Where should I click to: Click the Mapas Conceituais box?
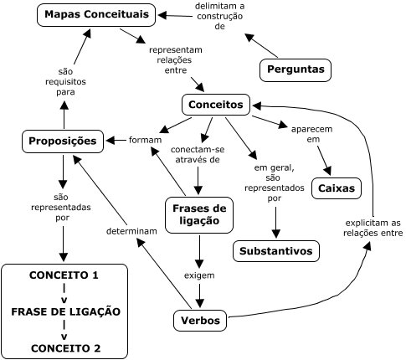pyautogui.click(x=97, y=14)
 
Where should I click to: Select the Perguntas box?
pyautogui.click(x=295, y=69)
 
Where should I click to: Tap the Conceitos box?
pyautogui.click(x=216, y=105)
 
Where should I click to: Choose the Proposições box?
pyautogui.click(x=64, y=141)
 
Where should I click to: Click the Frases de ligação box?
pyautogui.click(x=200, y=214)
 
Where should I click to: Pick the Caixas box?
pyautogui.click(x=336, y=188)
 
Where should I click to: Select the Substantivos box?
pyautogui.click(x=275, y=251)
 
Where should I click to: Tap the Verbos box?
pyautogui.click(x=199, y=320)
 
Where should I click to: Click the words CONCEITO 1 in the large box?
pyautogui.click(x=64, y=275)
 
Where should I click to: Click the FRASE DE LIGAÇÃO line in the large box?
pyautogui.click(x=64, y=311)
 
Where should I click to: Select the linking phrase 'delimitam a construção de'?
pyautogui.click(x=220, y=16)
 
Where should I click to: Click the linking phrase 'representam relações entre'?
pyautogui.click(x=176, y=60)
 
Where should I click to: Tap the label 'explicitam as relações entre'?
pyautogui.click(x=373, y=228)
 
